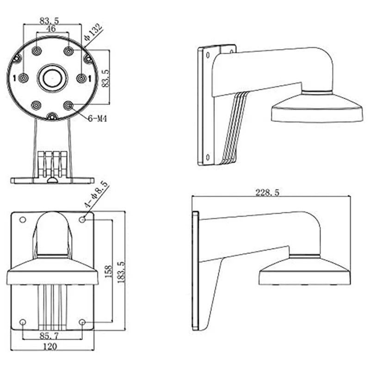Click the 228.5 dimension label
tap(267, 192)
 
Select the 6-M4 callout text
tap(98, 118)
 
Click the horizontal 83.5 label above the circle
tap(51, 20)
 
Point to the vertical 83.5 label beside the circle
tap(106, 78)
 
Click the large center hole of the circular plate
tap(52, 78)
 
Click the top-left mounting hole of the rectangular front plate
tap(22, 219)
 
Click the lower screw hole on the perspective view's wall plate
tap(207, 156)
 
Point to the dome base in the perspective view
tap(315, 109)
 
